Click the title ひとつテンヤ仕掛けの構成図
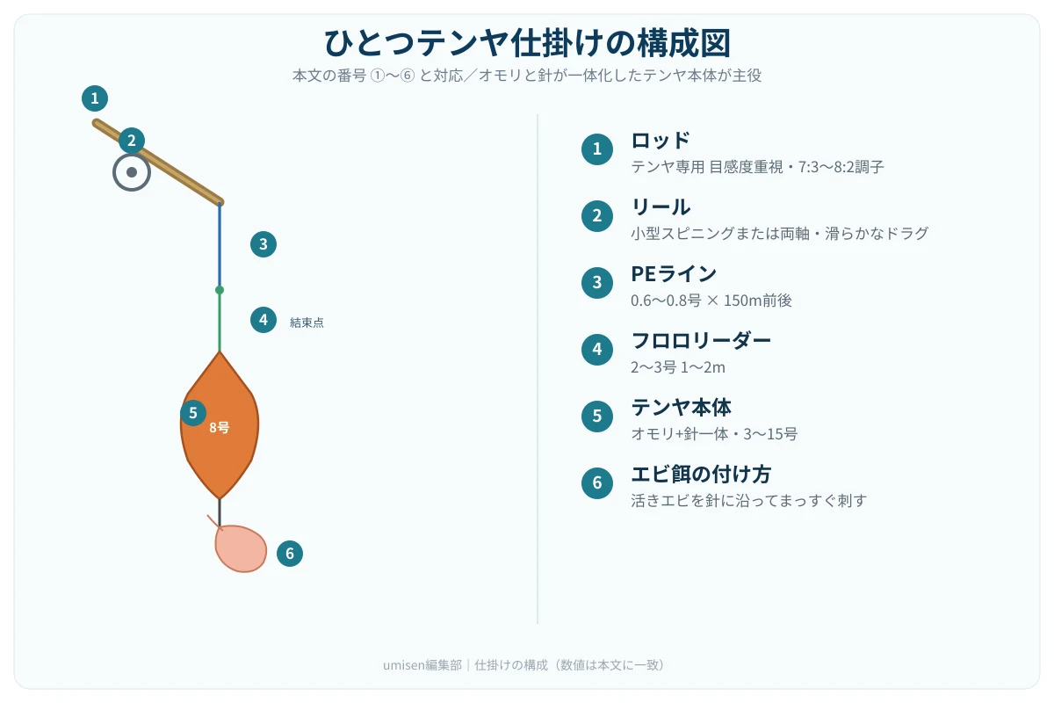(x=527, y=43)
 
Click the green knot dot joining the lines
(x=220, y=290)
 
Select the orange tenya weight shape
(x=220, y=425)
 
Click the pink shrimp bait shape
(x=241, y=548)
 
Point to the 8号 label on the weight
(x=220, y=428)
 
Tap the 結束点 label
(x=307, y=323)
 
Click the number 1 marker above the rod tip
(x=95, y=98)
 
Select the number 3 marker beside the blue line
(x=263, y=244)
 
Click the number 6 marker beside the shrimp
(x=289, y=554)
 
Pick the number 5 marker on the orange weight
(x=193, y=413)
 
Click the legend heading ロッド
(x=661, y=141)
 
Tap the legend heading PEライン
(x=674, y=273)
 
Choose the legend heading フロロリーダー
(x=701, y=340)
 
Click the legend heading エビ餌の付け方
(x=701, y=474)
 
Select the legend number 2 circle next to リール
(x=597, y=215)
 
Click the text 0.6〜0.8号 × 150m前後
(x=711, y=301)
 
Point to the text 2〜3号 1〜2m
(x=677, y=367)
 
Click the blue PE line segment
(x=220, y=246)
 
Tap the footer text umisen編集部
(x=422, y=665)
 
